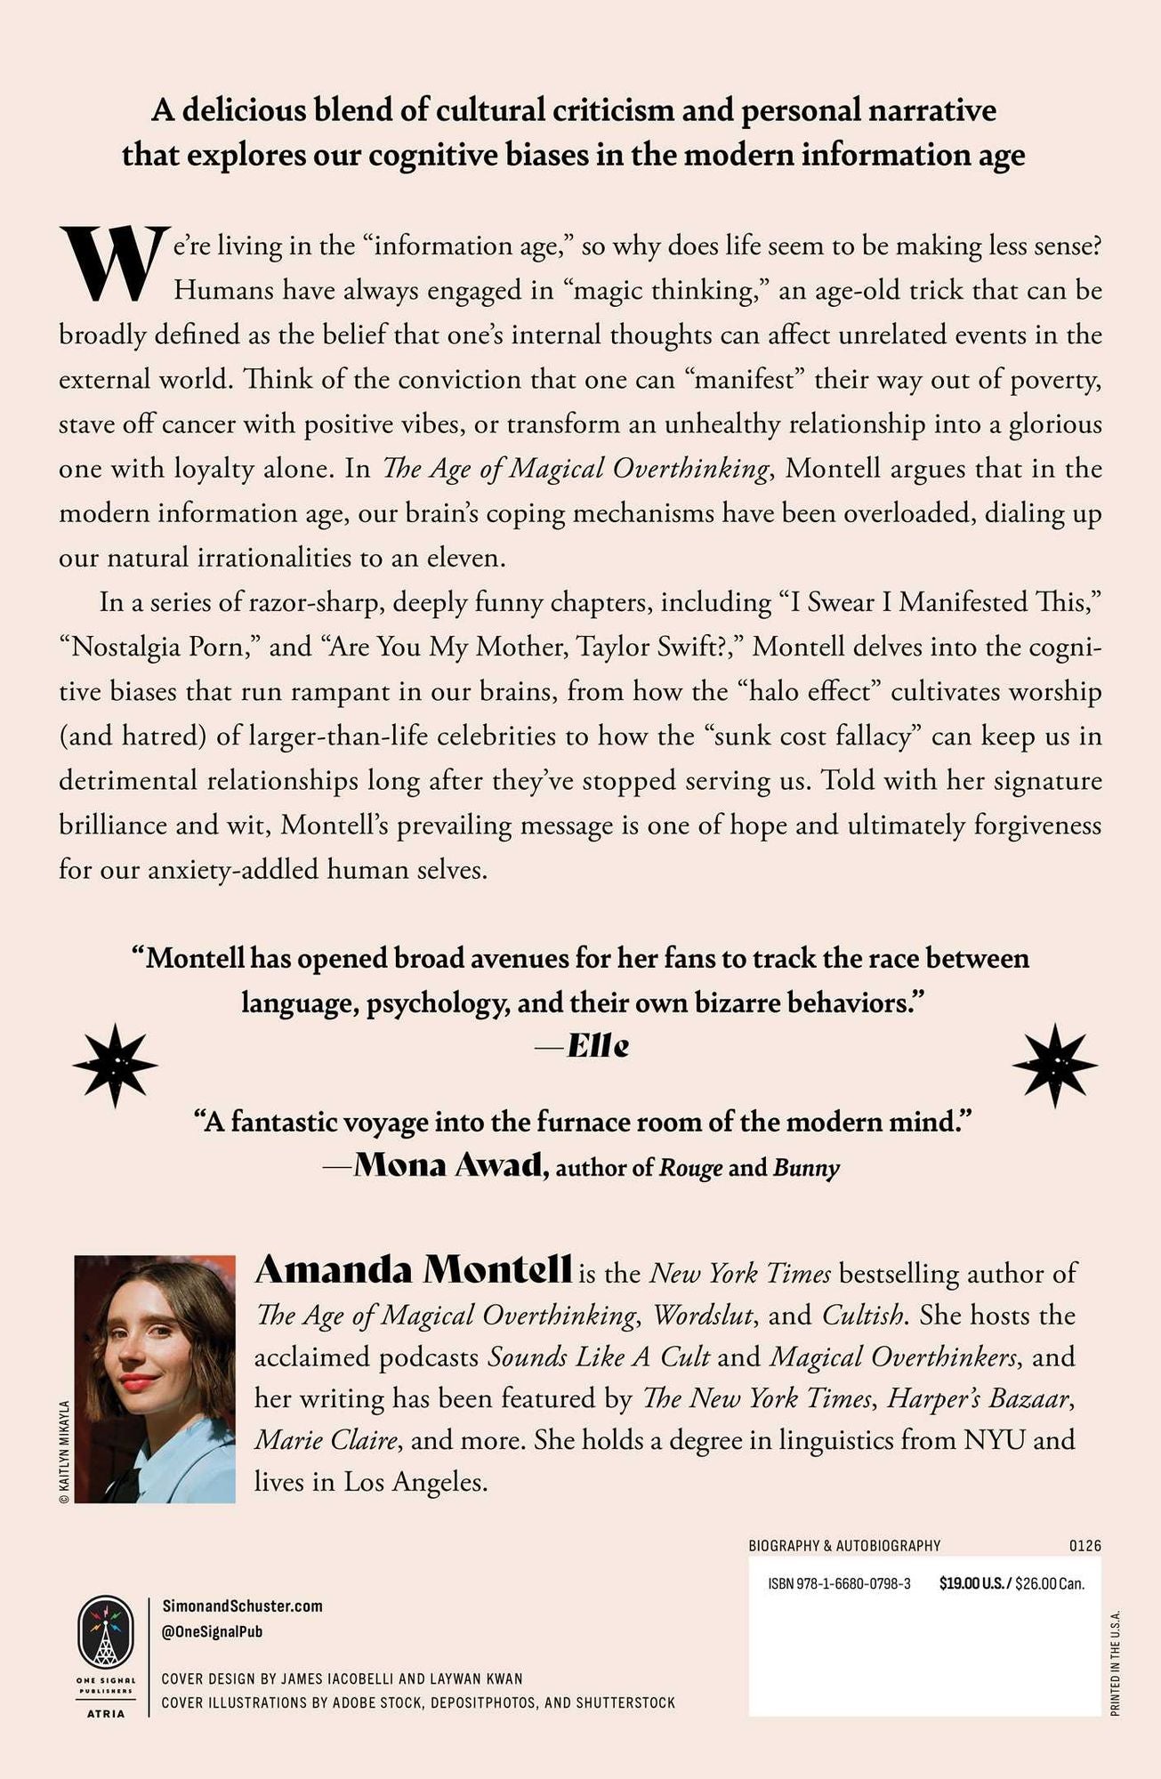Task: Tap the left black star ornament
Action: pyautogui.click(x=115, y=1065)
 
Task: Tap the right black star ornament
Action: pyautogui.click(x=1055, y=1065)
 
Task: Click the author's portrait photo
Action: pyautogui.click(x=155, y=1378)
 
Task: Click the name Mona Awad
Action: pyautogui.click(x=449, y=1165)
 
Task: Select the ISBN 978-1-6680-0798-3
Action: pyautogui.click(x=839, y=1583)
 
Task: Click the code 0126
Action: pyautogui.click(x=1084, y=1546)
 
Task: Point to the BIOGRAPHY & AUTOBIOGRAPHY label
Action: pyautogui.click(x=844, y=1546)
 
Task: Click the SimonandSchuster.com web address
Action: pyautogui.click(x=242, y=1606)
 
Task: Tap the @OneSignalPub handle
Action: pyautogui.click(x=213, y=1631)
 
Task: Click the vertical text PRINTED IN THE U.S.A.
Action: pyautogui.click(x=1116, y=1662)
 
